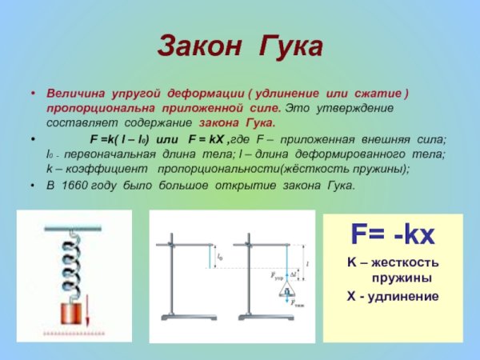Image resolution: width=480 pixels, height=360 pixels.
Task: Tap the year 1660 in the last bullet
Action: (x=78, y=185)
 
